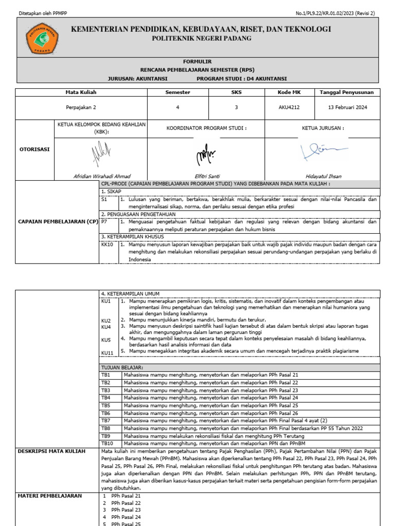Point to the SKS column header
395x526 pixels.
(x=236, y=92)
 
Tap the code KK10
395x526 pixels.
(x=107, y=245)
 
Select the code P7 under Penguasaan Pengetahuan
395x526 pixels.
(x=104, y=222)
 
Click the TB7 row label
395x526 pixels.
(x=106, y=420)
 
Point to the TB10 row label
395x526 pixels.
(x=107, y=443)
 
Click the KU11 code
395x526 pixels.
(x=106, y=352)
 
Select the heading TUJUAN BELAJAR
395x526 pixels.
(x=122, y=368)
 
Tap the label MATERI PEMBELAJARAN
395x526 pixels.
(x=49, y=496)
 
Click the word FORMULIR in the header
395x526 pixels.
(x=197, y=61)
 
